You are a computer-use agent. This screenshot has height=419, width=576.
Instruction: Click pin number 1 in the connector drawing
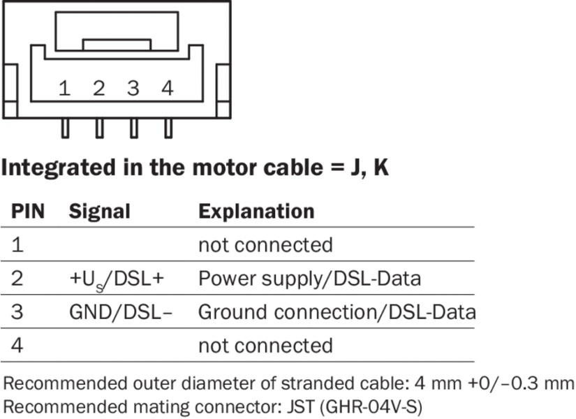(64, 89)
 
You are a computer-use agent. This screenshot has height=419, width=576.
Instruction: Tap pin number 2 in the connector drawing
(98, 89)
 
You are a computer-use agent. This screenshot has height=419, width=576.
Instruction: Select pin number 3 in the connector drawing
(133, 89)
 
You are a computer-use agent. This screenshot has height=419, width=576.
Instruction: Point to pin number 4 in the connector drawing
(167, 89)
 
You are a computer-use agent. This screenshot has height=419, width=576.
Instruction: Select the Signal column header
(99, 212)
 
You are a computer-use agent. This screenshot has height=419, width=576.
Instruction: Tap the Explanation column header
(256, 212)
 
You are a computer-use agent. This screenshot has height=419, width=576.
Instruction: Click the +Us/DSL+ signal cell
(116, 279)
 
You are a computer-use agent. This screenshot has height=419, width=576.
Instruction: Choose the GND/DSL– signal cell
(120, 312)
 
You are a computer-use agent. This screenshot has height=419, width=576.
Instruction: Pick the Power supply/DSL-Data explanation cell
(310, 279)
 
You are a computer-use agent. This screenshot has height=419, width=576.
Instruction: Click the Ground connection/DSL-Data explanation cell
(337, 312)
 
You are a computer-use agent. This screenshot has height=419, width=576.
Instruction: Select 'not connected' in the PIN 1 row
(265, 245)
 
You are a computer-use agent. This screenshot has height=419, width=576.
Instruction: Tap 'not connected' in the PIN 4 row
(265, 345)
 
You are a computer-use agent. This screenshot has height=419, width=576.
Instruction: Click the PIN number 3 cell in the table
(17, 312)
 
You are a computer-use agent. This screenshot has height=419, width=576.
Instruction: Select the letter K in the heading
(381, 168)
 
